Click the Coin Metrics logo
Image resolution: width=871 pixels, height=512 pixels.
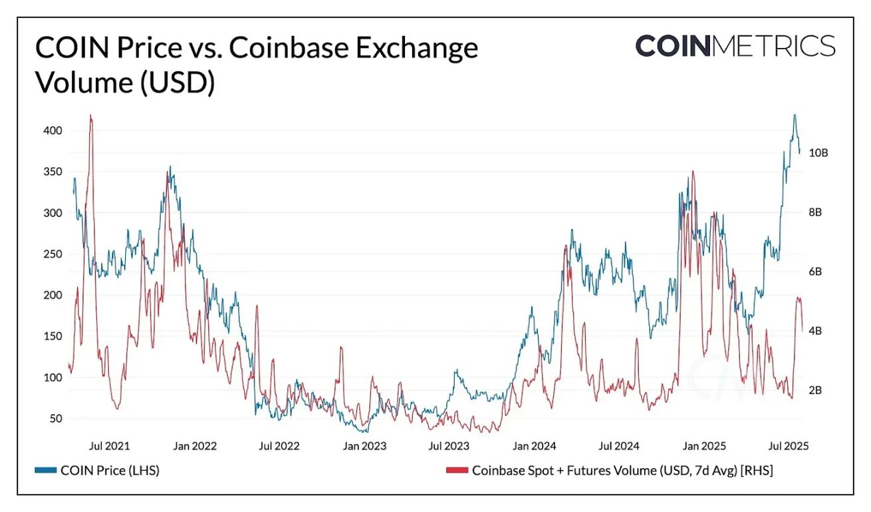735,46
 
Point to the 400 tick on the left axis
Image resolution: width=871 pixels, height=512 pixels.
53,130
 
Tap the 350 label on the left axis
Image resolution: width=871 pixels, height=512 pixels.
53,172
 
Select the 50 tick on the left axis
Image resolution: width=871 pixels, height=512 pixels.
56,419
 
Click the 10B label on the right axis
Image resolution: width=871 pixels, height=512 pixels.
818,152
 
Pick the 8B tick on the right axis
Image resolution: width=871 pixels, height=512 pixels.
816,212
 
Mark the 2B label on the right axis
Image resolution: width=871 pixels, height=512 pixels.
816,390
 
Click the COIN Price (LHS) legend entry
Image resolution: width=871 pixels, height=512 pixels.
110,471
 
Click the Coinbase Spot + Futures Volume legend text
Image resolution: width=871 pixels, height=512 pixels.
622,471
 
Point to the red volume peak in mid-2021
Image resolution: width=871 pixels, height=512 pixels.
91,117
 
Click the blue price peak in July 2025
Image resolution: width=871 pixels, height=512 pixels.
794,116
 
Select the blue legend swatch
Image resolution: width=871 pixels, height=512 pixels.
45,471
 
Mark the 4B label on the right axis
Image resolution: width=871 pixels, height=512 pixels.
816,331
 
